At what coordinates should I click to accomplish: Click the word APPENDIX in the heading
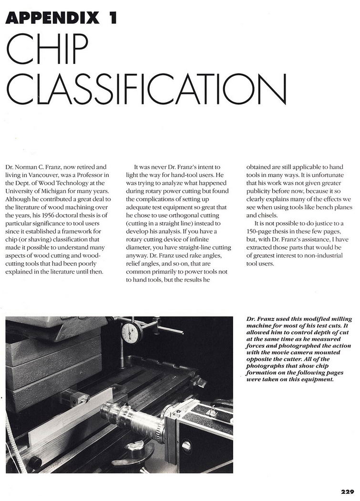click(52, 18)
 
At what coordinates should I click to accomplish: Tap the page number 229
click(347, 491)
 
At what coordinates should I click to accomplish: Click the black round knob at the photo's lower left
click(34, 461)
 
